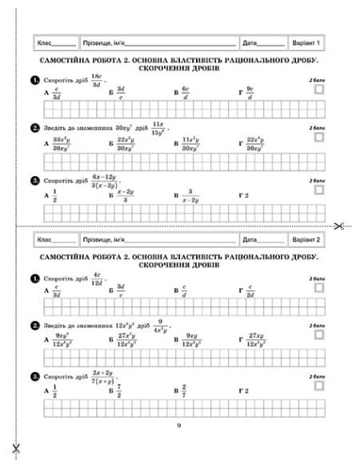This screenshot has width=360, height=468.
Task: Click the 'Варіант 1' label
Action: (306, 42)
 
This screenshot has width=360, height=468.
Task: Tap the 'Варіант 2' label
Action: (306, 238)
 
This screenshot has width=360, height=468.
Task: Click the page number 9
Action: (179, 424)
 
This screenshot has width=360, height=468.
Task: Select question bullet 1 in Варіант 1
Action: (34, 81)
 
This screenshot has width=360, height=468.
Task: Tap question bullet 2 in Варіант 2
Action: (34, 325)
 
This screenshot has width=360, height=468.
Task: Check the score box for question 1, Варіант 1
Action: (320, 91)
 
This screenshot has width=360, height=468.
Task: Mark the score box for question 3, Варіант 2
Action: (320, 385)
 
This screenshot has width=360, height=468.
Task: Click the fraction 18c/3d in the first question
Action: (98, 81)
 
